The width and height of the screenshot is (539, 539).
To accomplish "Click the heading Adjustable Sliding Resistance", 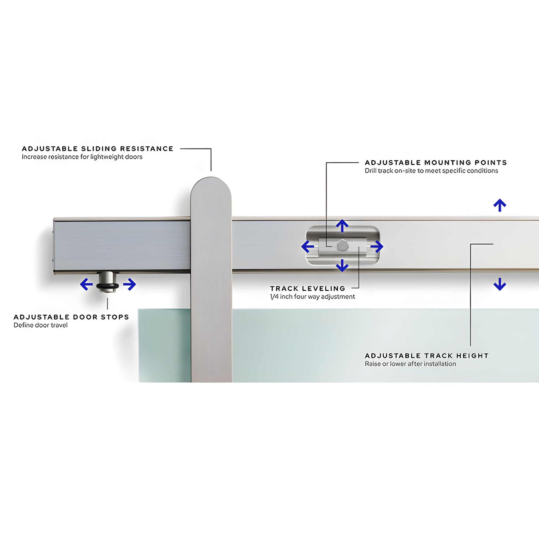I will [x=98, y=149].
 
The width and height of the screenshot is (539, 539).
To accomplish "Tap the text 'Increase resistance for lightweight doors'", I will [x=82, y=157].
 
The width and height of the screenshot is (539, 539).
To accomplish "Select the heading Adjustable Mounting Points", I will [x=436, y=162].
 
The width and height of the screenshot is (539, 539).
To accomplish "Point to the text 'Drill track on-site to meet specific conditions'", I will [x=431, y=171].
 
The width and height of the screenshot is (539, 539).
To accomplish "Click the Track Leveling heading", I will [x=307, y=288].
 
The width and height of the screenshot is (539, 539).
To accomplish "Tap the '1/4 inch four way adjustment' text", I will [x=312, y=297].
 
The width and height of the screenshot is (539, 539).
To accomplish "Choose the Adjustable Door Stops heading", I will [x=71, y=317].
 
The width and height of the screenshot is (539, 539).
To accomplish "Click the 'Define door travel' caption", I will [x=40, y=325].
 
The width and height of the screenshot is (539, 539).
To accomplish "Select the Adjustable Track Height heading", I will [x=427, y=356].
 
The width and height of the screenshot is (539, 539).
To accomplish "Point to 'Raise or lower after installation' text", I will [x=410, y=364].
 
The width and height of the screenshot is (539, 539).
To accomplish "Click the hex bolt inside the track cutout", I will [x=342, y=245].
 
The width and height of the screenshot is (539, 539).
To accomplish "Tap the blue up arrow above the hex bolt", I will [x=342, y=225].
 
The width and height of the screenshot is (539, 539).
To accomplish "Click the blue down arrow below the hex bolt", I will [x=342, y=265].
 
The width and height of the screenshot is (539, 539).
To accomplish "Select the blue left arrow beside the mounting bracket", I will [x=307, y=247].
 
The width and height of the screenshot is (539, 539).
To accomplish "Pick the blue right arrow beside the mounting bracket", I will [x=377, y=247].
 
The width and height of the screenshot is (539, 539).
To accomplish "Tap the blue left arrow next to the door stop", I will [x=86, y=284].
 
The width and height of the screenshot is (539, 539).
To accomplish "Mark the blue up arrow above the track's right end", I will [x=500, y=205].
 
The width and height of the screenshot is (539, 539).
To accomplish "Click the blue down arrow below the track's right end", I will [x=500, y=284].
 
